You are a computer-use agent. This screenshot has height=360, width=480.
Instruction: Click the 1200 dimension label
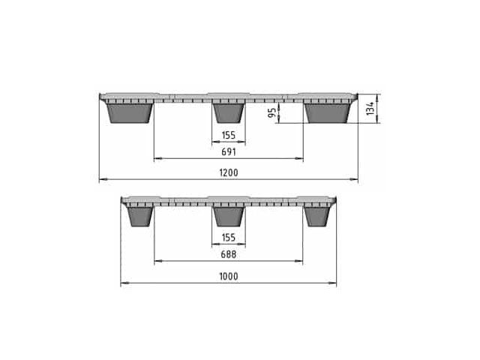pyautogui.click(x=229, y=172)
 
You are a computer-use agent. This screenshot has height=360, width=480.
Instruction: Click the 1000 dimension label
pyautogui.click(x=229, y=277)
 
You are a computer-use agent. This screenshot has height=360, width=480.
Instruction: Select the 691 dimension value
pyautogui.click(x=229, y=151)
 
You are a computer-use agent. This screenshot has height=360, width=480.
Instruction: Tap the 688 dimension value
pyautogui.click(x=229, y=254)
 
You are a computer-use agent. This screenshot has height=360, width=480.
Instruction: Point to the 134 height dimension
pyautogui.click(x=370, y=109)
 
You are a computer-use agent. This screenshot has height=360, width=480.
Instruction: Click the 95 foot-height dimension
pyautogui.click(x=271, y=112)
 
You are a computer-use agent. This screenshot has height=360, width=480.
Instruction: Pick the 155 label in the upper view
pyautogui.click(x=229, y=135)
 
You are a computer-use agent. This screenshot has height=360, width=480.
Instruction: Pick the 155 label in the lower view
pyautogui.click(x=229, y=238)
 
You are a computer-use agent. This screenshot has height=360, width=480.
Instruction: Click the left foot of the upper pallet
pyautogui.click(x=130, y=113)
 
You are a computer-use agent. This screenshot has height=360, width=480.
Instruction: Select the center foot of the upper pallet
pyautogui.click(x=229, y=113)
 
